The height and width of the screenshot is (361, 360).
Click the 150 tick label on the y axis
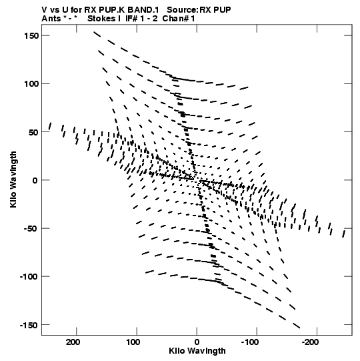click(31, 35)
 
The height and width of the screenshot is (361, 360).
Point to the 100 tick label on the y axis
click(31, 84)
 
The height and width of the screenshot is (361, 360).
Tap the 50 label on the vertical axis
click(33, 132)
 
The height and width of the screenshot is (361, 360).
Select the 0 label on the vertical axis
click(35, 180)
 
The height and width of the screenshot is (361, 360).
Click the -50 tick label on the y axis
click(31, 229)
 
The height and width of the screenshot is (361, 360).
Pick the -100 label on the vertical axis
click(29, 277)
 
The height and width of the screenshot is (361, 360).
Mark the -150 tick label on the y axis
click(29, 325)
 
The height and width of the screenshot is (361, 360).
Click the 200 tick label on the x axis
click(73, 342)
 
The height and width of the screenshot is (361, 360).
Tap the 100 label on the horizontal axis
click(133, 342)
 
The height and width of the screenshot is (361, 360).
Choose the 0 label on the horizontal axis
click(197, 342)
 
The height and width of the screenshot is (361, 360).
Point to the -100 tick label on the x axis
click(250, 342)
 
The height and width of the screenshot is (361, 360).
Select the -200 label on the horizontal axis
click(310, 342)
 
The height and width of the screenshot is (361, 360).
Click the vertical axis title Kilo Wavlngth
click(13, 179)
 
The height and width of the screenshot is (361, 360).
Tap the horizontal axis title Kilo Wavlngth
click(197, 351)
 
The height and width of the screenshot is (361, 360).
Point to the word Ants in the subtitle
click(51, 19)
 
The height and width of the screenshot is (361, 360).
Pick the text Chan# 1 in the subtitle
click(179, 19)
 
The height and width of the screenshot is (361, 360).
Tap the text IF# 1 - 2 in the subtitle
click(141, 19)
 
